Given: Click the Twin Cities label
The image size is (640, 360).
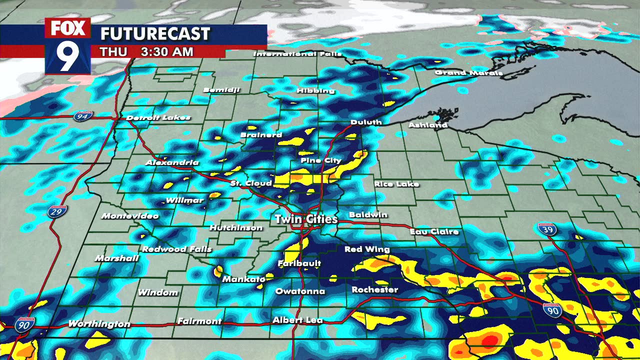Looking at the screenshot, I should (306, 219).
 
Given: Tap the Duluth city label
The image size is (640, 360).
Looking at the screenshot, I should (366, 122).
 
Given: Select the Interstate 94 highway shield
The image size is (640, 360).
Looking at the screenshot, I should (81, 116).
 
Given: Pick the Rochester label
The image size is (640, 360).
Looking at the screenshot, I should (374, 289).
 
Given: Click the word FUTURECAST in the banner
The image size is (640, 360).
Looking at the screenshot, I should (155, 34).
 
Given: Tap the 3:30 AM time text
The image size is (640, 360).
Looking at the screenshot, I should (167, 52).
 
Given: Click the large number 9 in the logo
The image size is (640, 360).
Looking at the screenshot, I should (67, 56).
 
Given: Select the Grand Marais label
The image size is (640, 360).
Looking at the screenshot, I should (468, 73).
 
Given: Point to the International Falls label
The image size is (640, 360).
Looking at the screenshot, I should (297, 53).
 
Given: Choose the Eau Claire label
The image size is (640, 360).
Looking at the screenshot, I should (434, 231).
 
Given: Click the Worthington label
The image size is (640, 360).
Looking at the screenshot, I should (99, 324).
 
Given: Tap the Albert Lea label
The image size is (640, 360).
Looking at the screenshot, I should (297, 320).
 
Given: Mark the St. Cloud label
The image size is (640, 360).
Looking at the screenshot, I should (251, 183).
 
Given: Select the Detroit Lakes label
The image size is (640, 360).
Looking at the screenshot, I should (158, 118).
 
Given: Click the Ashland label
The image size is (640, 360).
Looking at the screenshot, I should (427, 125).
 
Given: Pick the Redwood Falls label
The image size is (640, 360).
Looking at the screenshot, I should (177, 249).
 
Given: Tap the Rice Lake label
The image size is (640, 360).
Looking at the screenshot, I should (396, 184).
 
